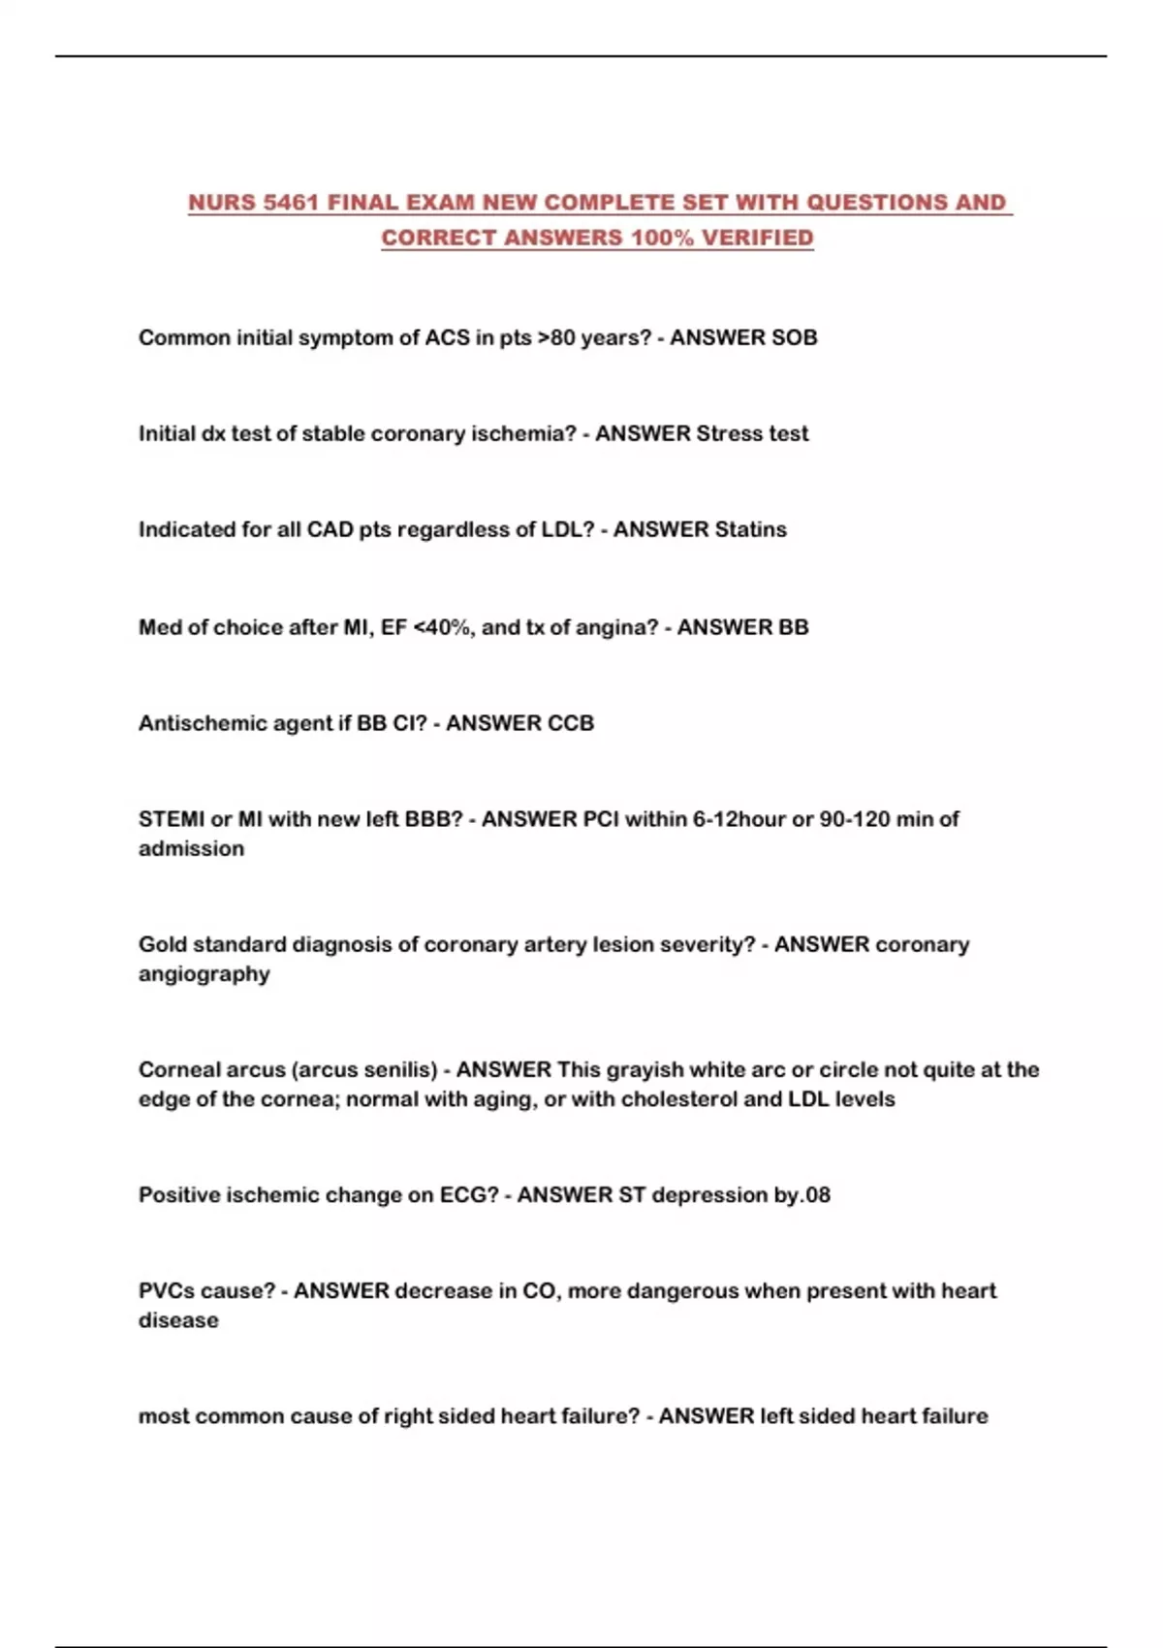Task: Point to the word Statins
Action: click(x=750, y=529)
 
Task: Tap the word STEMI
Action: click(x=172, y=819)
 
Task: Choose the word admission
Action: click(x=191, y=848)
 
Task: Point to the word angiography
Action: click(x=204, y=973)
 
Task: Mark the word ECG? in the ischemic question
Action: click(x=469, y=1194)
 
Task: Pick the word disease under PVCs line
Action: click(x=178, y=1319)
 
